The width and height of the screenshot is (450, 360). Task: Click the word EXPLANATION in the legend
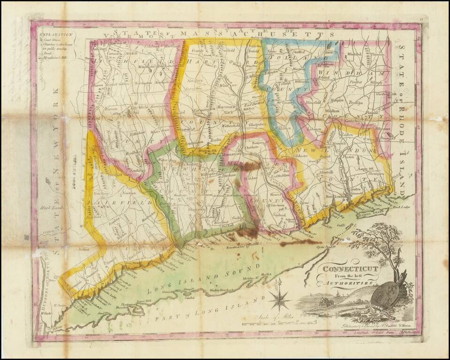click(56, 34)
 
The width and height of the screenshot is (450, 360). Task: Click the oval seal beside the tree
click(386, 294)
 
